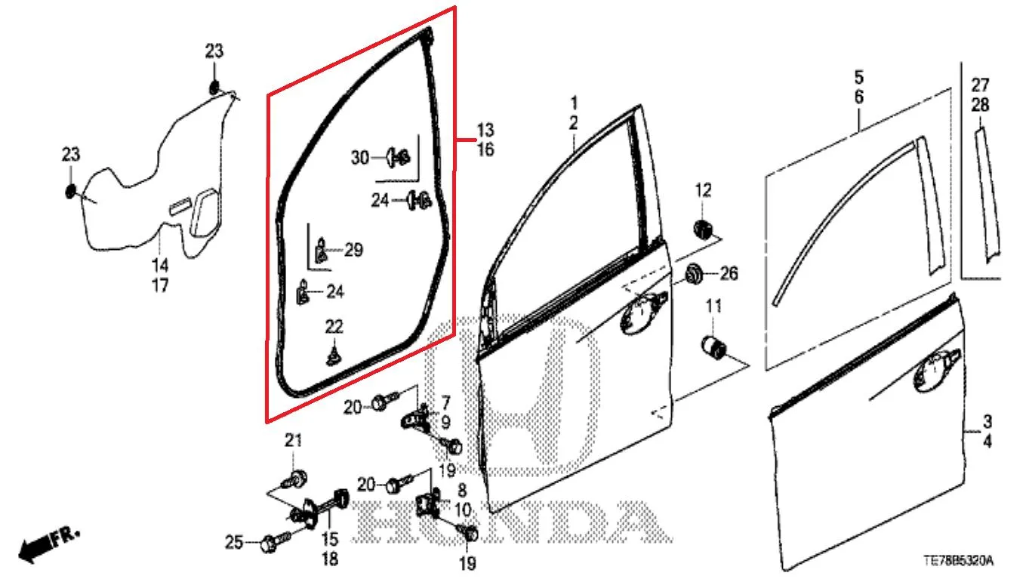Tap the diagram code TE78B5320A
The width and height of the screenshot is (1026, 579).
(958, 561)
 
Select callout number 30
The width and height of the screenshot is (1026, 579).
(360, 158)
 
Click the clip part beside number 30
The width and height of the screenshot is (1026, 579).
(399, 157)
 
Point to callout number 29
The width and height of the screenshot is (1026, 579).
(353, 250)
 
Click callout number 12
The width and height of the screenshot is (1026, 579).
(703, 190)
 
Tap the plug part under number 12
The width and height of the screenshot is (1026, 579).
(703, 229)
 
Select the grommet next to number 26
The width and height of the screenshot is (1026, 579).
(694, 274)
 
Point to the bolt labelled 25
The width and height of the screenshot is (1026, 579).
(275, 541)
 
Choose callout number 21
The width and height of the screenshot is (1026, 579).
(294, 440)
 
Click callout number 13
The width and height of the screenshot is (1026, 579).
(485, 131)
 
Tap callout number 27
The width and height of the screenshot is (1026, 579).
(980, 85)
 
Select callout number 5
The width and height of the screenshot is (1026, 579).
(859, 78)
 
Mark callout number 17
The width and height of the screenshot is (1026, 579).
(160, 285)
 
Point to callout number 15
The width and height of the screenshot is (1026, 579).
(329, 539)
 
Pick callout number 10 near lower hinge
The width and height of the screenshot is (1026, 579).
(463, 510)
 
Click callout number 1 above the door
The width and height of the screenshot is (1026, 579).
(574, 103)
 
